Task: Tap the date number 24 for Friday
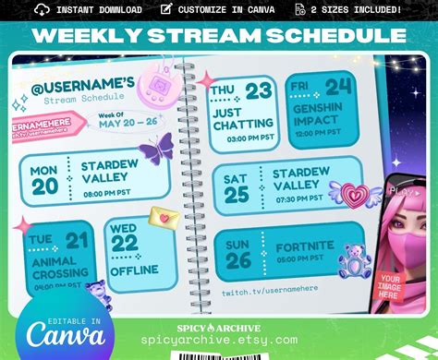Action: (337, 87)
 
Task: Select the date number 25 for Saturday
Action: (237, 195)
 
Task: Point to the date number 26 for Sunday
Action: (237, 259)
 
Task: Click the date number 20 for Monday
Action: (44, 187)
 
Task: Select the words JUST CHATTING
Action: (243, 118)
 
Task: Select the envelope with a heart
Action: (164, 219)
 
